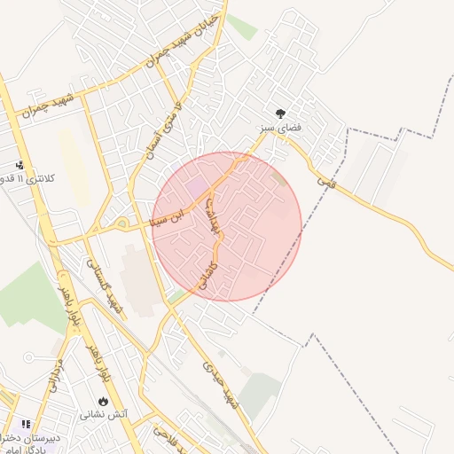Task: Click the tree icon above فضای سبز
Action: tap(281, 113)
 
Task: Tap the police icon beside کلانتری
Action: tap(20, 165)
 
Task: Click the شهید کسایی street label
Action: tap(104, 284)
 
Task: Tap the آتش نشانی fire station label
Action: tap(104, 414)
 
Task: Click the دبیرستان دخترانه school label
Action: tap(28, 437)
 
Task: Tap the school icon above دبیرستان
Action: tap(26, 424)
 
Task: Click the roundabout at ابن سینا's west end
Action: tap(121, 223)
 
